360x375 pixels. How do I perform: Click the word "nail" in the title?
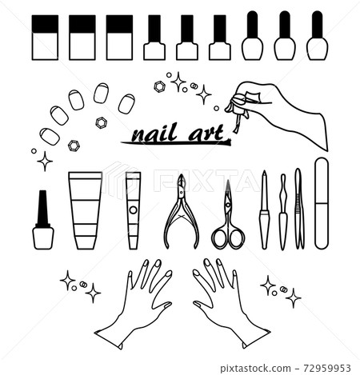point(154,133)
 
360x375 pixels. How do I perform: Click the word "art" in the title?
point(206,133)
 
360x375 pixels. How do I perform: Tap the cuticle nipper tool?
point(182,212)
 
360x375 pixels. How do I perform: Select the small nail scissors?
point(228,216)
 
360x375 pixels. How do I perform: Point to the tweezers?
point(298,209)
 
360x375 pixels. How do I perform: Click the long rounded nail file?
point(322,203)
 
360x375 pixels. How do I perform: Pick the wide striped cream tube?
point(85,210)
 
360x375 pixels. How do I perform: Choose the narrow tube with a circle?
point(133,210)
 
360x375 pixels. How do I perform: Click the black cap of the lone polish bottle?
point(43,209)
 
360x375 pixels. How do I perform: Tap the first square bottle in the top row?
point(45,38)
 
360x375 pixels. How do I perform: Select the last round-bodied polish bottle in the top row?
point(317,35)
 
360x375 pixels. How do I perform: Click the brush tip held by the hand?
point(236,130)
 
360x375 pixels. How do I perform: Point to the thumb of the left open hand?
point(162,305)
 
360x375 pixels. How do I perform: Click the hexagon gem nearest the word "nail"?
point(102,122)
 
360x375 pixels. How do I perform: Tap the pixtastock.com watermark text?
point(255,368)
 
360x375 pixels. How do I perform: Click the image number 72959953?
point(327,368)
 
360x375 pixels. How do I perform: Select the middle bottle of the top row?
point(187,38)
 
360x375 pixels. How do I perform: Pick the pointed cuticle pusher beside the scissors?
point(264,209)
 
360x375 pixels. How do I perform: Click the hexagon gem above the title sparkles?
point(160,87)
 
